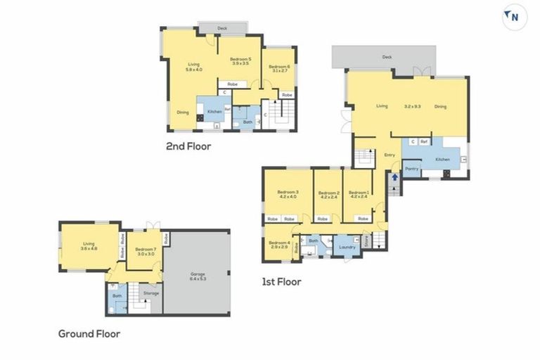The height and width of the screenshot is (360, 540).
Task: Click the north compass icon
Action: [x=514, y=16]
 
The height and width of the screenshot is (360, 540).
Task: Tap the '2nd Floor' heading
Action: [x=188, y=147]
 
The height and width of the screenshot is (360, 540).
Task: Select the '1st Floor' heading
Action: [x=281, y=282]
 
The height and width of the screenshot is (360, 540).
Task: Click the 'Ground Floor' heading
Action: [x=89, y=334]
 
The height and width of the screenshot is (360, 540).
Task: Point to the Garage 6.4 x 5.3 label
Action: [x=198, y=276]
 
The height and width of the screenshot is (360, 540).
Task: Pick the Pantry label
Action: [x=412, y=169]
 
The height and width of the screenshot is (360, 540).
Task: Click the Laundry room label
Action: [x=347, y=247]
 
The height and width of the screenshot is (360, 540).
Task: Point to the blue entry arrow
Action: [x=394, y=177]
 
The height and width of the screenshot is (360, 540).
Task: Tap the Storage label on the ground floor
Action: [x=151, y=293]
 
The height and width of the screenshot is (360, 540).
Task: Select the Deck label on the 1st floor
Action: [x=386, y=57]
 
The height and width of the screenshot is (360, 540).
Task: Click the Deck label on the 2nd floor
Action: [x=222, y=29]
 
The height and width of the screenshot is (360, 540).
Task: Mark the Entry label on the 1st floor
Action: [x=390, y=155]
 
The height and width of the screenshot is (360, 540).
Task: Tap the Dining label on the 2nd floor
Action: [x=182, y=112]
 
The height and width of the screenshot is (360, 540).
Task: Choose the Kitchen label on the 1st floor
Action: [x=442, y=160]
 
